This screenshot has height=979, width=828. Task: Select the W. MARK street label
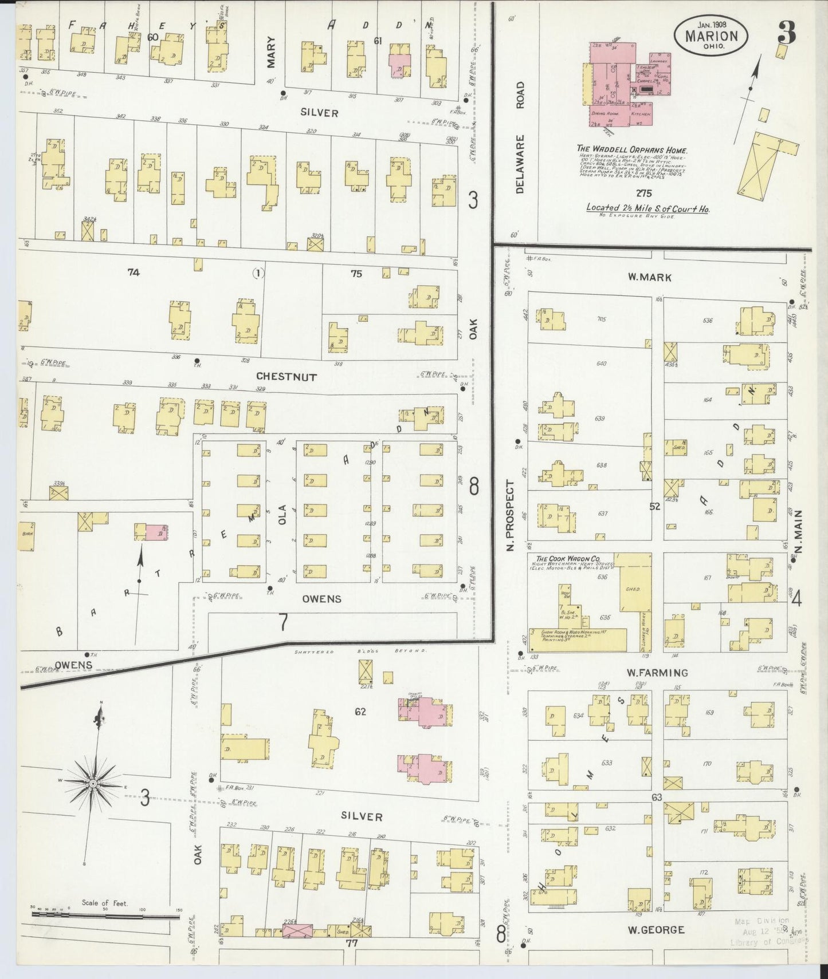pos(649,277)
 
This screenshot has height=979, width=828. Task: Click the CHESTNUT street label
pos(287,377)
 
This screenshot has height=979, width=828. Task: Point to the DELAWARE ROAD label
pos(520,138)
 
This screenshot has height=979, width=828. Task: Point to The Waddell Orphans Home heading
pos(632,150)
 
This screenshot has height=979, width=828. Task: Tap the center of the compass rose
pos(92,783)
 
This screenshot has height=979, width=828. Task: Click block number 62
pos(360,712)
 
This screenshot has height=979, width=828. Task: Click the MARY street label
pos(270,53)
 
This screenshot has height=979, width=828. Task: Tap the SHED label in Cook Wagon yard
pos(632,589)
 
